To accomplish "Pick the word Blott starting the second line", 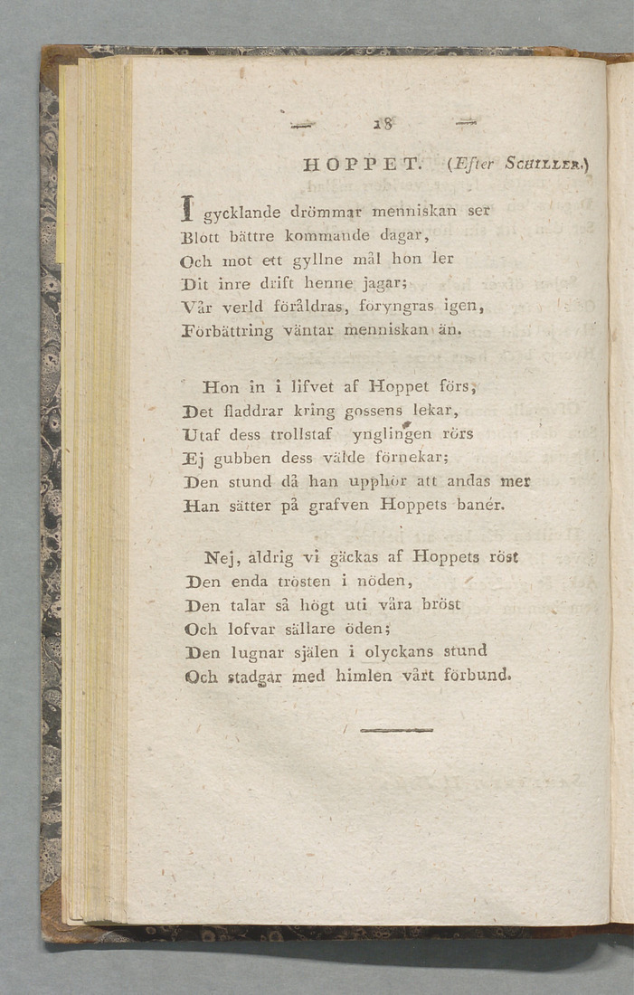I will pyautogui.click(x=204, y=237).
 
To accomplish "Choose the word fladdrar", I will pyautogui.click(x=258, y=412).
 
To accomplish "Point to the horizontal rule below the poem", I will pyautogui.click(x=396, y=730).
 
